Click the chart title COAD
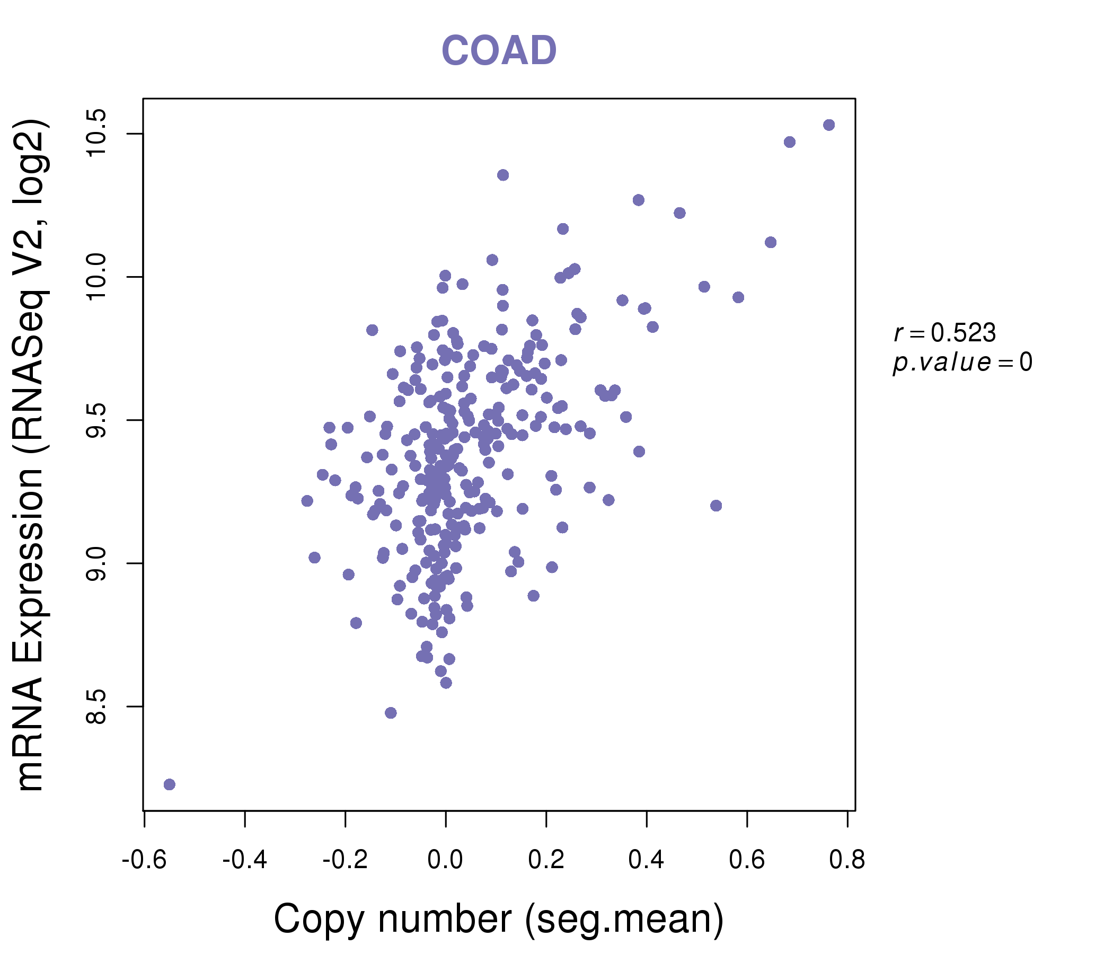coord(499,50)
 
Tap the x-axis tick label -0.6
coord(144,860)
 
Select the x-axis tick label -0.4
coord(244,860)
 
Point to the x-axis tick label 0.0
coord(445,860)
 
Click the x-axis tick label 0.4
coord(646,860)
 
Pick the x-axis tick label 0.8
coord(847,860)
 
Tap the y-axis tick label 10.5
coord(96,133)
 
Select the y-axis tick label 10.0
coord(96,277)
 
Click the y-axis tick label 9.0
coord(96,563)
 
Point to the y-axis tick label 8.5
coord(96,707)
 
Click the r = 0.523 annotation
coord(945,333)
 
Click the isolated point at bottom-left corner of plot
coord(169,785)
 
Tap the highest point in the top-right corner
coord(829,125)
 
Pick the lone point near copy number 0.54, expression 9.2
coord(716,506)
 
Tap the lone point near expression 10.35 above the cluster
coord(503,175)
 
